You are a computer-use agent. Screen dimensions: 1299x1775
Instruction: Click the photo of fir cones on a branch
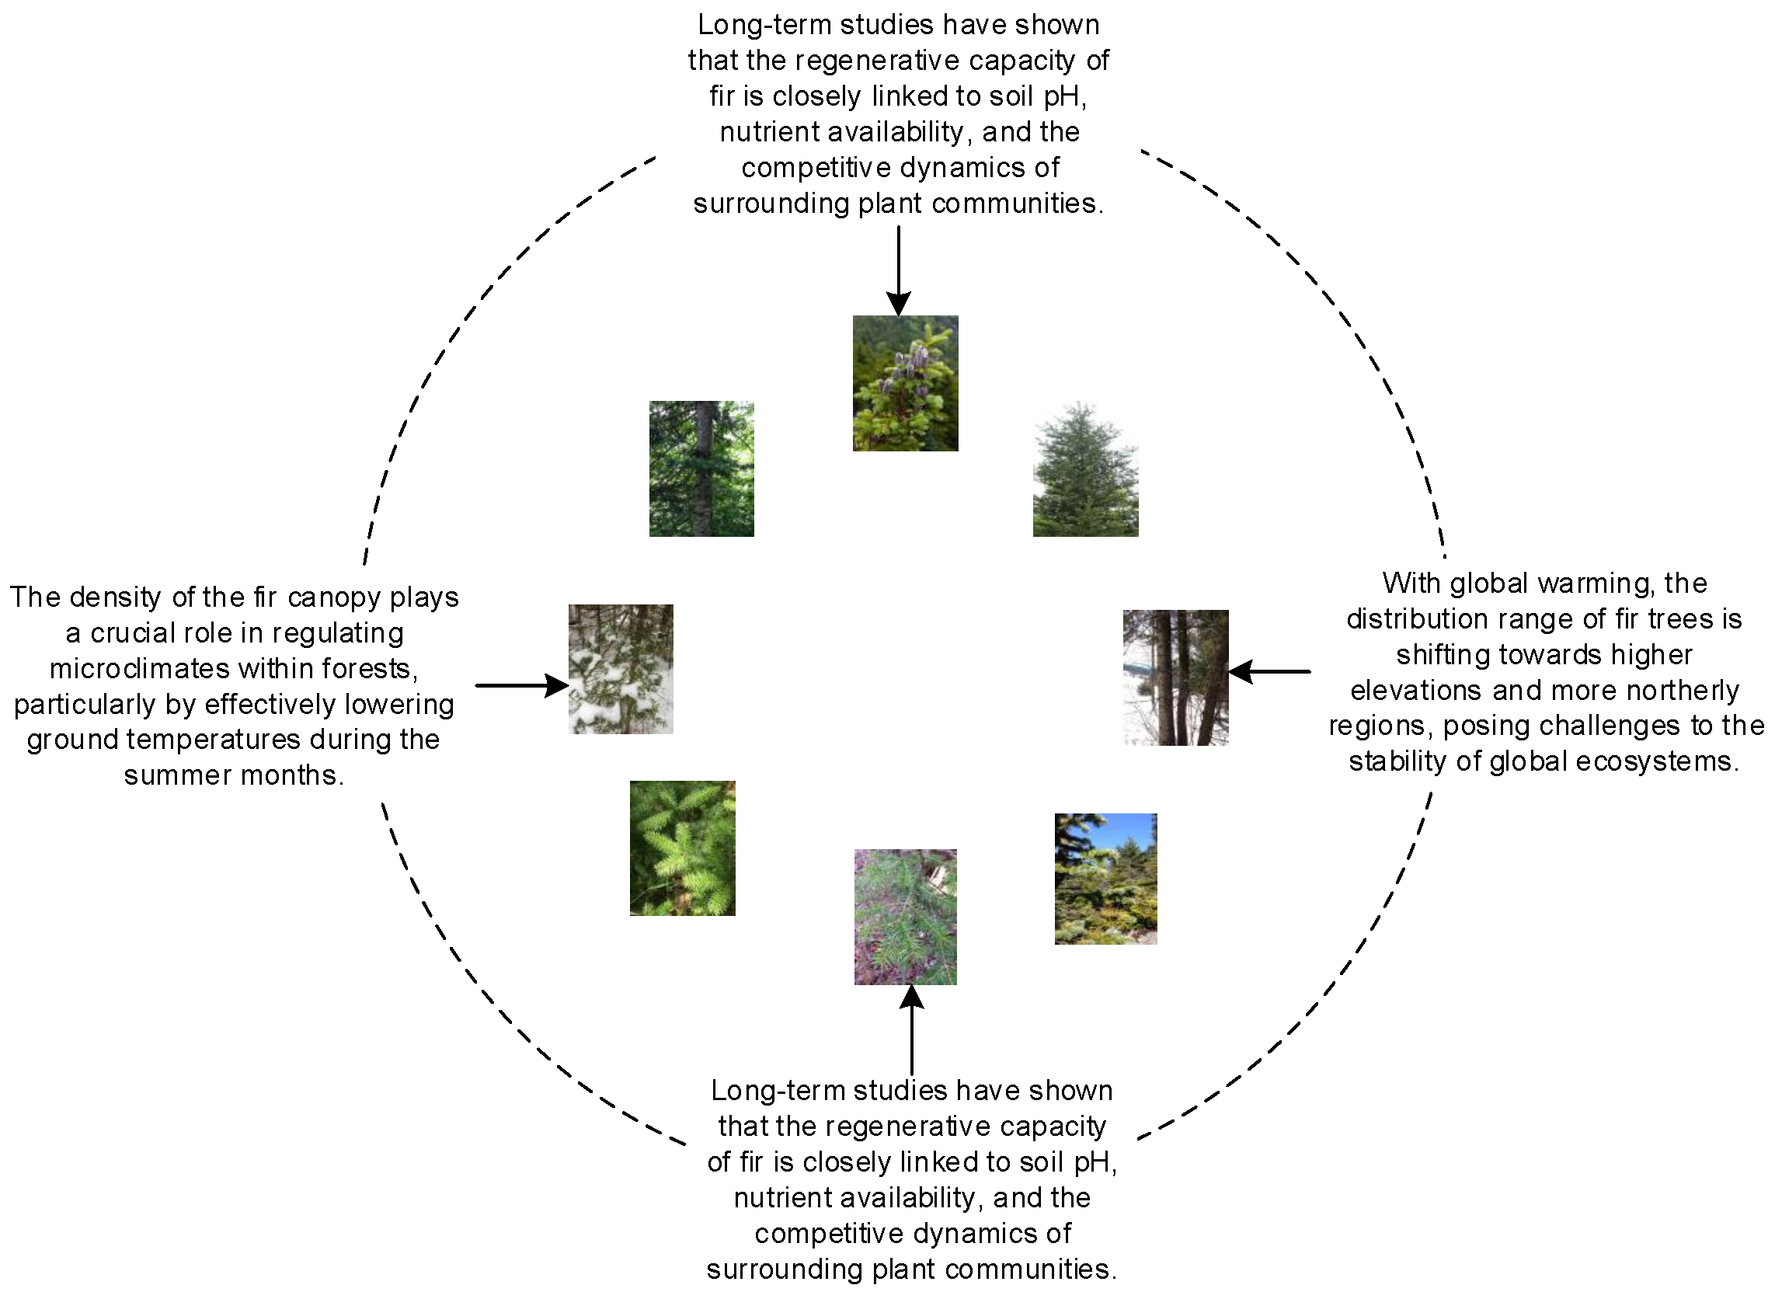[905, 383]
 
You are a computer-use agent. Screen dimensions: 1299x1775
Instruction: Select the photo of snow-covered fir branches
[620, 668]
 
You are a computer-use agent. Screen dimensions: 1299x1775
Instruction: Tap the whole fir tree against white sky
[1085, 470]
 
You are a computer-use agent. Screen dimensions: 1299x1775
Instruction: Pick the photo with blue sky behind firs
[1105, 879]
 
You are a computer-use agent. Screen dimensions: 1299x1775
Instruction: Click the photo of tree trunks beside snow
[1175, 677]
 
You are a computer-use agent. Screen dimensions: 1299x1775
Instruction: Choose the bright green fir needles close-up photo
[681, 848]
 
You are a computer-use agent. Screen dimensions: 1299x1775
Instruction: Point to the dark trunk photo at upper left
[701, 468]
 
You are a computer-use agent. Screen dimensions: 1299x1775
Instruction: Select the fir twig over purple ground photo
[905, 916]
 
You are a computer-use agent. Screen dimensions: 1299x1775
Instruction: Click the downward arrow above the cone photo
[898, 271]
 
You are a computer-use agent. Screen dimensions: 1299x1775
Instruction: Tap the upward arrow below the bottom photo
[911, 1029]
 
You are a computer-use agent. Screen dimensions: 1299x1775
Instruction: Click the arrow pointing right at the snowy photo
[522, 685]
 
